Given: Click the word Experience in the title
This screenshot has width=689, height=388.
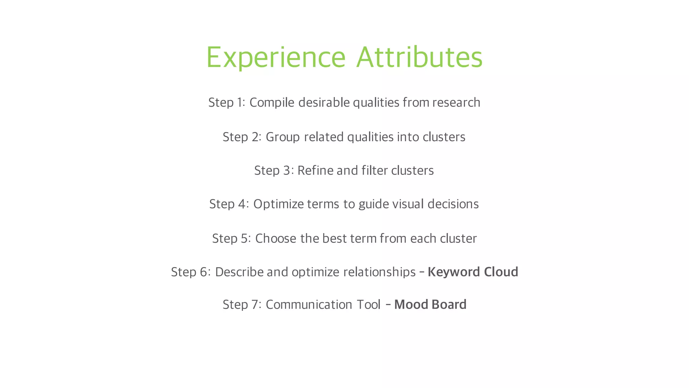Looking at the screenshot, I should click(276, 58).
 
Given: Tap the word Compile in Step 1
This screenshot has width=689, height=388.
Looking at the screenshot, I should click(272, 103).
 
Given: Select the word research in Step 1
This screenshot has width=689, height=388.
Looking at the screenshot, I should click(456, 102).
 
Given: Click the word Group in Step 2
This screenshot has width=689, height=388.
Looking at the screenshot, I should click(283, 137).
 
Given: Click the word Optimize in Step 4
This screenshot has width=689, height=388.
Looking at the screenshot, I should click(279, 204).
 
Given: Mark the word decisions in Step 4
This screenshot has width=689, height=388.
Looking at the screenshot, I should click(453, 204).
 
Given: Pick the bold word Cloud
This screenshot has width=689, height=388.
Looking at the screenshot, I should click(501, 272).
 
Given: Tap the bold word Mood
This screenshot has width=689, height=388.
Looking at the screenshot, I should click(411, 305).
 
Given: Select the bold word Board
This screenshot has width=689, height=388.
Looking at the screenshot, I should click(449, 305).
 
